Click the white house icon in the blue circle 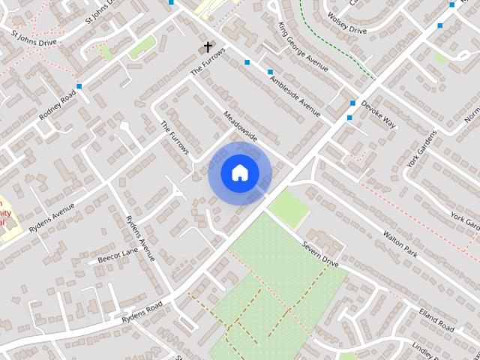239,172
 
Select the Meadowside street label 240,126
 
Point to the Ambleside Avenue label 295,93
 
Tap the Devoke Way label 377,112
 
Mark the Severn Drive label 321,256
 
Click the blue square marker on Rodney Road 79,87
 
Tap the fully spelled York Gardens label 421,148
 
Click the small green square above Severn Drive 289,208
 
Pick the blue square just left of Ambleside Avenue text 270,72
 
